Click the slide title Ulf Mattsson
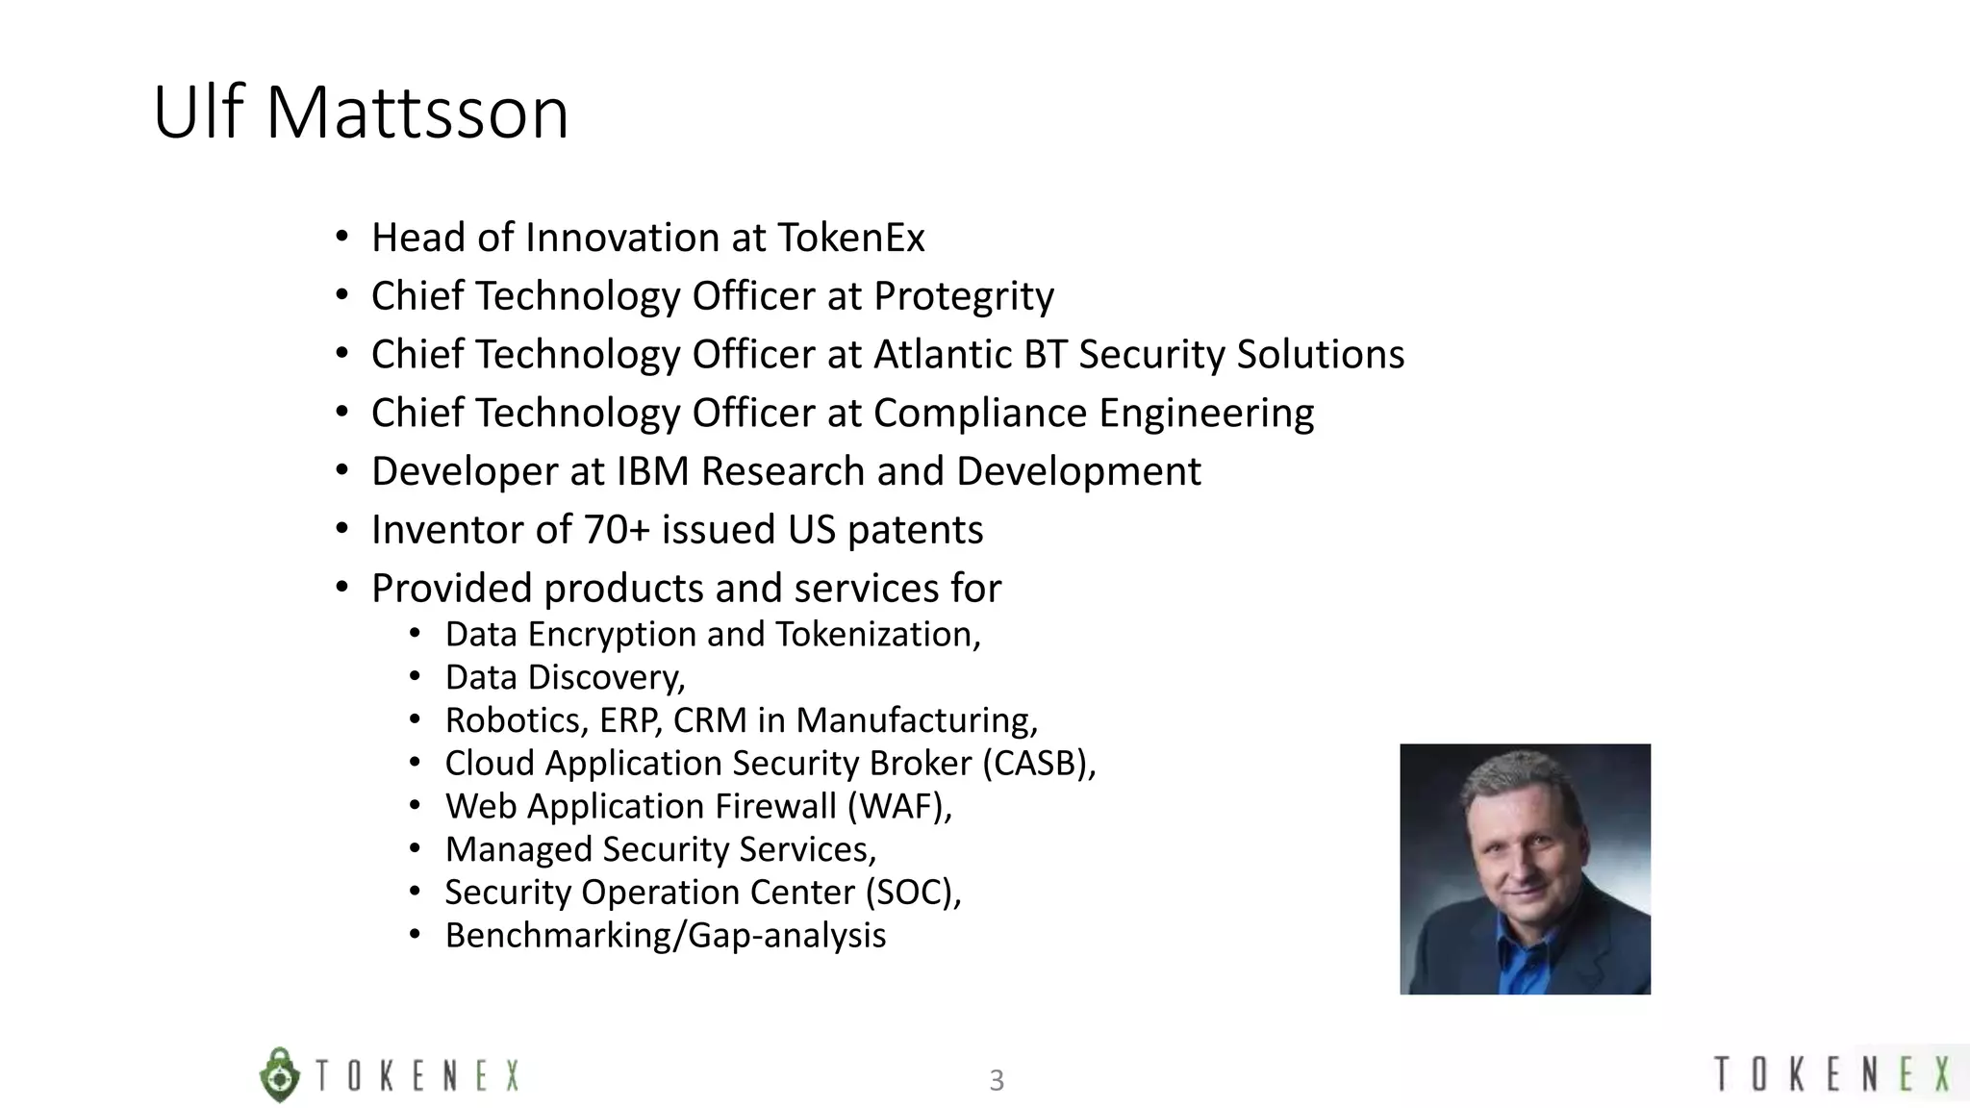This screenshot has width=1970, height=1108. [x=361, y=113]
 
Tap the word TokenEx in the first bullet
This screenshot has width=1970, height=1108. [x=850, y=238]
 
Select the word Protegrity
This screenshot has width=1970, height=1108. [x=963, y=296]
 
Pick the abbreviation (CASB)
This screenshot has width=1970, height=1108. [x=1038, y=764]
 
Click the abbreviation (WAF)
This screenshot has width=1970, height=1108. [x=898, y=806]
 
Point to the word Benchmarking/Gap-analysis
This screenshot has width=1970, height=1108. [x=666, y=936]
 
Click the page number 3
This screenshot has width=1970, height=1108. [x=997, y=1080]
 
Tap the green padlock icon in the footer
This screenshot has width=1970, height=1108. [x=280, y=1074]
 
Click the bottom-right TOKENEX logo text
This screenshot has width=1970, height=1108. [x=1832, y=1073]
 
